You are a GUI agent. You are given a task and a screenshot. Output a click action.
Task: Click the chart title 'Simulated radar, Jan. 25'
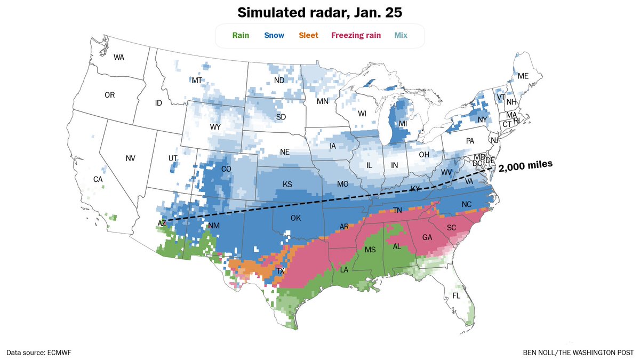[319, 12]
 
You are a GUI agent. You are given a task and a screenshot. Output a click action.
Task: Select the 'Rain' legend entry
[241, 36]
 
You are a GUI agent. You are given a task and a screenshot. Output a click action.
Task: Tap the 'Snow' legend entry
[274, 36]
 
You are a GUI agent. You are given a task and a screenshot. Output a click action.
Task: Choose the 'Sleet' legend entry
[308, 36]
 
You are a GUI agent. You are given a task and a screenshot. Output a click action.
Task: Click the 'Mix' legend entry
[401, 36]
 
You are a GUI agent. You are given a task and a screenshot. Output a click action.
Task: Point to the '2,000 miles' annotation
[525, 165]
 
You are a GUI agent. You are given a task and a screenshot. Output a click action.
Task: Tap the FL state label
[457, 295]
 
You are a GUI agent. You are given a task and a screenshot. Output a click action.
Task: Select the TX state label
[281, 271]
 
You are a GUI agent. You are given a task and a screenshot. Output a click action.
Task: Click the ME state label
[523, 76]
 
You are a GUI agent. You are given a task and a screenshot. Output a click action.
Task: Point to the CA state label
[98, 180]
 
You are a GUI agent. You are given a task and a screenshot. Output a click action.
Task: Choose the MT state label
[197, 80]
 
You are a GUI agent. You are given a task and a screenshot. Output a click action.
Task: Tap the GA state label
[427, 237]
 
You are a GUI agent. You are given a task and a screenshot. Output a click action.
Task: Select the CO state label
[226, 170]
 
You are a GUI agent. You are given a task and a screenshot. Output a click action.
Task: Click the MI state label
[403, 123]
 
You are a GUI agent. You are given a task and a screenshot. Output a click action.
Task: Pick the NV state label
[131, 158]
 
